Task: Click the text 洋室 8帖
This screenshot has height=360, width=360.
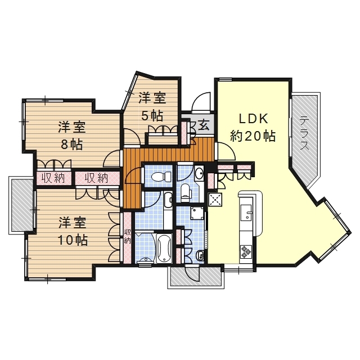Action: (x=71, y=135)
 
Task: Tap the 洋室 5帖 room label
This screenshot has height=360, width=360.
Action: (x=152, y=106)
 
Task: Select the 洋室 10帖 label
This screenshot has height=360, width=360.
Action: (x=73, y=231)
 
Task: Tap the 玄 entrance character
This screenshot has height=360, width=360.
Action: (x=203, y=125)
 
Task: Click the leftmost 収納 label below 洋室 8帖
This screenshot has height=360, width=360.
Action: (x=52, y=178)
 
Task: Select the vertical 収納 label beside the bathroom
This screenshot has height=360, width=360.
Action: (x=128, y=236)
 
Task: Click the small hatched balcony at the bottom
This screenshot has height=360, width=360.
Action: (x=195, y=276)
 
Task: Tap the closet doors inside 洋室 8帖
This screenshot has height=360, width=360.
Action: (x=54, y=164)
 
